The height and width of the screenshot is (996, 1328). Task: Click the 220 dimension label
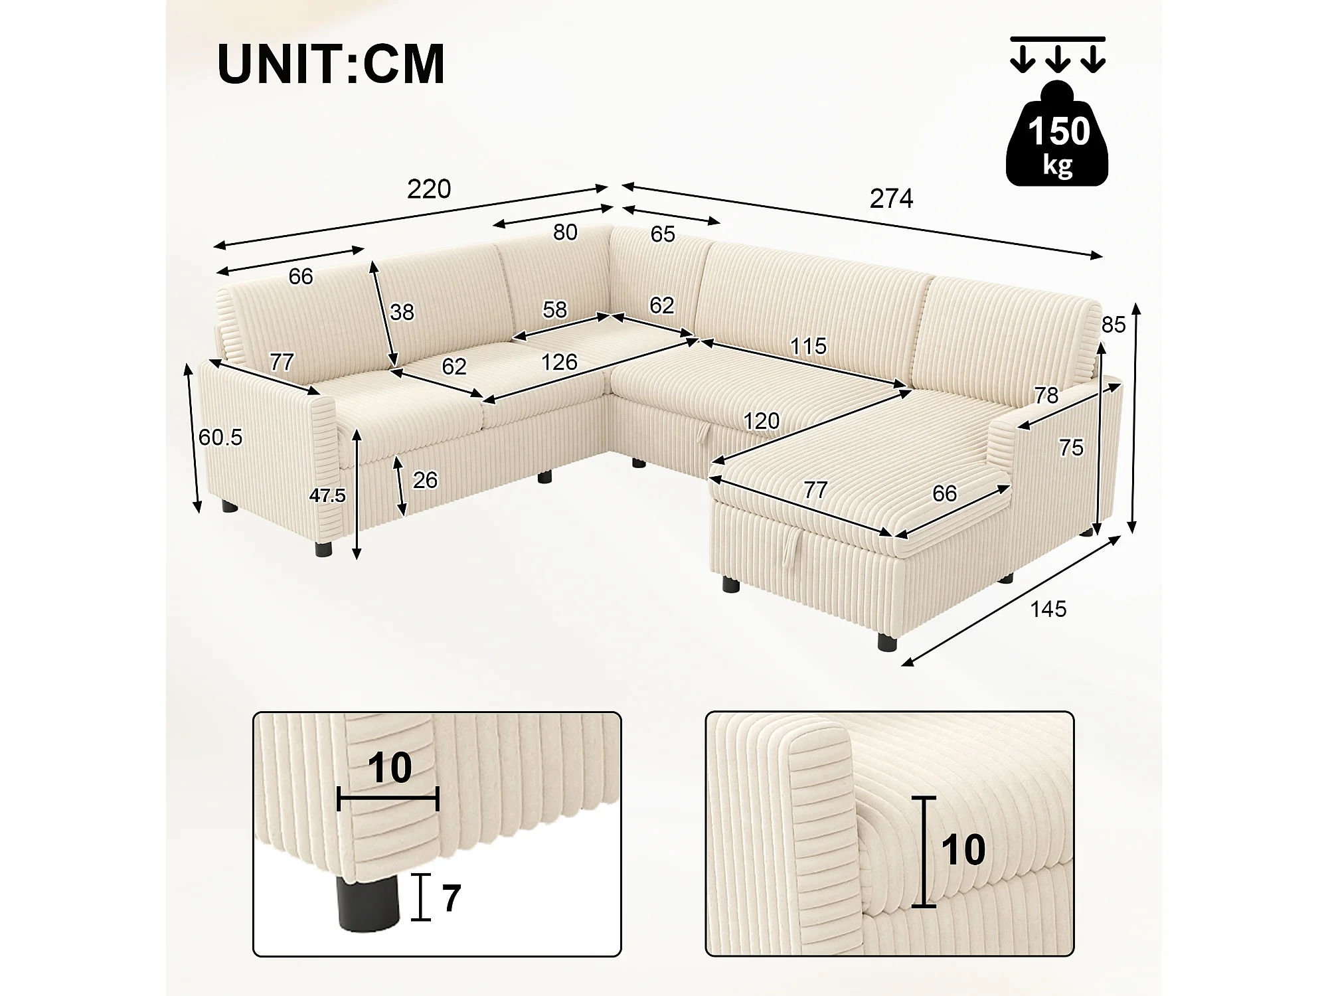[429, 189]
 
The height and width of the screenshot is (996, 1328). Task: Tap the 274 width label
[891, 199]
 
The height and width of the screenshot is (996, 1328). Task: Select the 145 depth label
[1048, 609]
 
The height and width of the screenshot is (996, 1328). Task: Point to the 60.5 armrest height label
[220, 437]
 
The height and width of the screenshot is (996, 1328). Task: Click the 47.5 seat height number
[327, 495]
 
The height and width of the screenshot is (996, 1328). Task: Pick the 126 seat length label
[559, 362]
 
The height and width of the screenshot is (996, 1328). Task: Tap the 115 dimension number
[808, 345]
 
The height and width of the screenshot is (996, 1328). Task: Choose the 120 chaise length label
[761, 421]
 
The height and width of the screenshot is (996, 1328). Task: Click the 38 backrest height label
[402, 312]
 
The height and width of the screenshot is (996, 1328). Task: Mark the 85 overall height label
[1114, 325]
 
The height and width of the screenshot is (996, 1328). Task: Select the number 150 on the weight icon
[1058, 131]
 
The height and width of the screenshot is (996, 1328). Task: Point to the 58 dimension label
[554, 309]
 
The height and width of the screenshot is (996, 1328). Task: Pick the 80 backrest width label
[565, 232]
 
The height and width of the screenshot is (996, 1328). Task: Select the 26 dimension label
[425, 479]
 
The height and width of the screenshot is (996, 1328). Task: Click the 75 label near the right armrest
[1071, 448]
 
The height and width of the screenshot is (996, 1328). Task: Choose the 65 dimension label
[663, 234]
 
